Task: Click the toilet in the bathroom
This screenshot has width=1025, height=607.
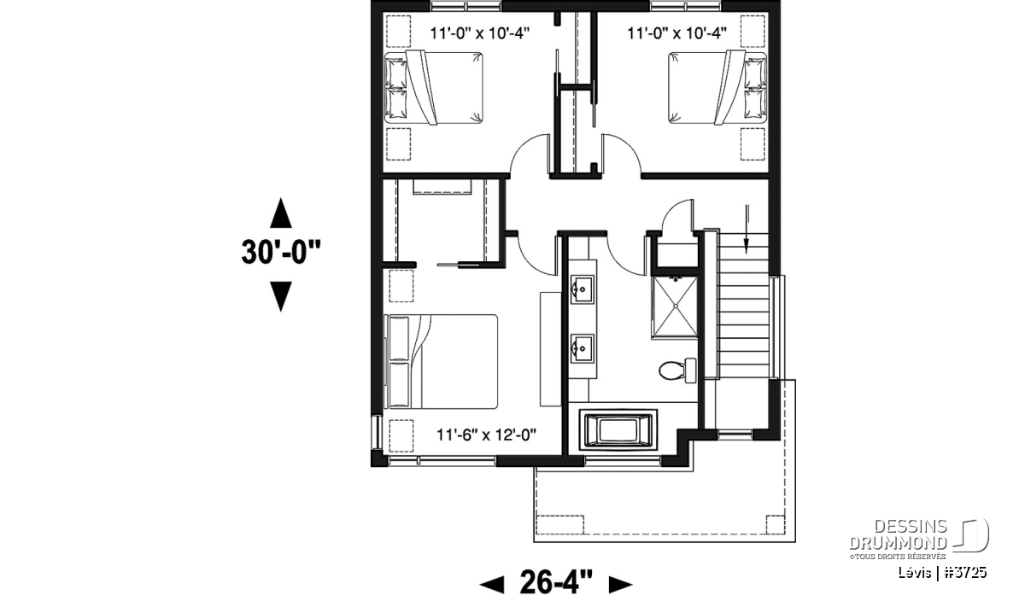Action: [677, 371]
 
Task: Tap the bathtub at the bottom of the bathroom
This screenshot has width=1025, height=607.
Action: [618, 430]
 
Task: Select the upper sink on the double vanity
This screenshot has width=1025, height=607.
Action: [582, 289]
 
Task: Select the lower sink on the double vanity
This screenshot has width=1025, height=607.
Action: [582, 348]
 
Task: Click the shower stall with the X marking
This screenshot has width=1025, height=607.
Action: [675, 307]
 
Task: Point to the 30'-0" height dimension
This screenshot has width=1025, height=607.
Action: [281, 253]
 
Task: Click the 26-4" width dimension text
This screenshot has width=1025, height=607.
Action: [556, 581]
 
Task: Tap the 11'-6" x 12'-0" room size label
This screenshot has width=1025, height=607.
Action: [486, 435]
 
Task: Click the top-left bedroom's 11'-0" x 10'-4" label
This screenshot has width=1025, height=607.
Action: [479, 33]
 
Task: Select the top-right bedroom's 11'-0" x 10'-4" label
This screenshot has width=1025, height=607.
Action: [676, 33]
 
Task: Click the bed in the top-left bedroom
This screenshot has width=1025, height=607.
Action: [433, 88]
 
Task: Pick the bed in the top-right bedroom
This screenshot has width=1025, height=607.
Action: [717, 88]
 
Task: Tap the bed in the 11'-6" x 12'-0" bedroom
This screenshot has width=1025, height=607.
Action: [441, 361]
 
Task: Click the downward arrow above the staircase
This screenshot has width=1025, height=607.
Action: [747, 229]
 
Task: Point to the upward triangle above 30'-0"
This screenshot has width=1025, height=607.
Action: [280, 213]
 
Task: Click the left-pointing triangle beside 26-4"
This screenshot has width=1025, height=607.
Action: [491, 584]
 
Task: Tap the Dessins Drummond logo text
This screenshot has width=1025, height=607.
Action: [899, 534]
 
